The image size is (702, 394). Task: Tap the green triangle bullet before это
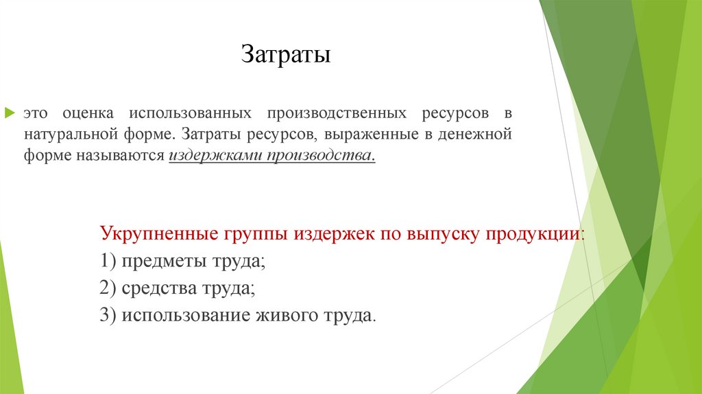tap(10, 111)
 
